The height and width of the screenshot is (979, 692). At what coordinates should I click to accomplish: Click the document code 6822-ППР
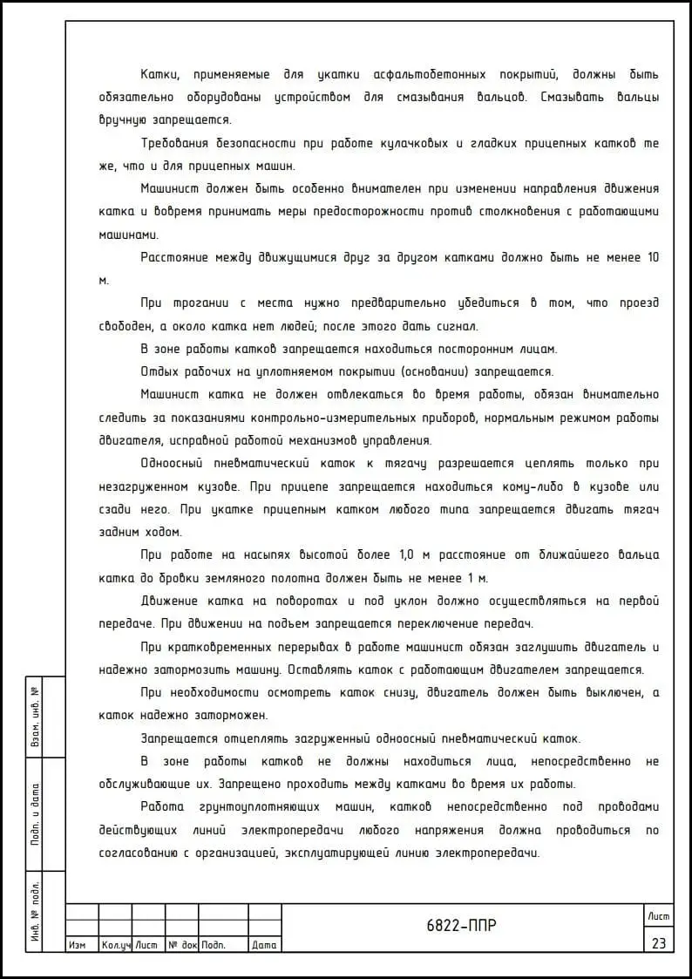[462, 926]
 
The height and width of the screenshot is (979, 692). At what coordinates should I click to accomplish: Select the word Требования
[180, 143]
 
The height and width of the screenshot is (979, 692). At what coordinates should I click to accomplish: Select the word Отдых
[160, 371]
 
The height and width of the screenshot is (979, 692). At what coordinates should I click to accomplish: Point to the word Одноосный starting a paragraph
[179, 463]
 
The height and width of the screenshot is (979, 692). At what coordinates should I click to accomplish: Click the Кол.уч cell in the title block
[115, 945]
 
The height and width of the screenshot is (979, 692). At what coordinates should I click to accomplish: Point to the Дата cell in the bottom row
[263, 945]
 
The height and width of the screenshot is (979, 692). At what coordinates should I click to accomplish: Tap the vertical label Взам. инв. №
[36, 717]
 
